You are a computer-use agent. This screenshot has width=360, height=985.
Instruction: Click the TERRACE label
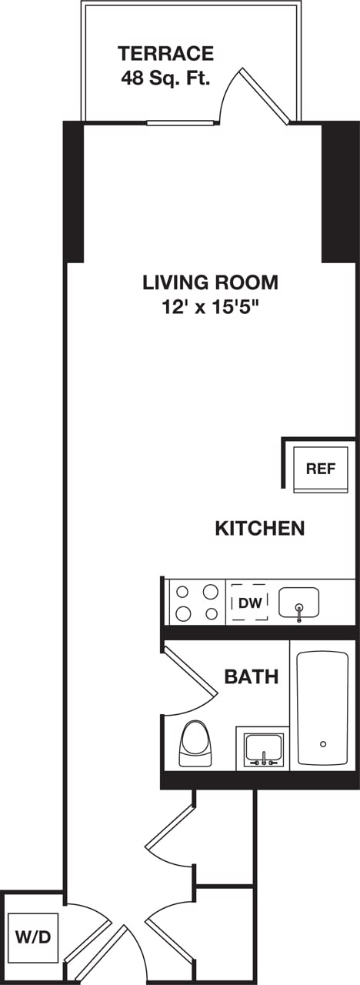[165, 54]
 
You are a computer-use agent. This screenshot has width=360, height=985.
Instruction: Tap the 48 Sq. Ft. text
[165, 78]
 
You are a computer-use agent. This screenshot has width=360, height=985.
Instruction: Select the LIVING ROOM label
[210, 282]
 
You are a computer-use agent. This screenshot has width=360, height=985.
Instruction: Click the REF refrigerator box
[321, 468]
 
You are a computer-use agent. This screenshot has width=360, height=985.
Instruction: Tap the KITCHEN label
[259, 529]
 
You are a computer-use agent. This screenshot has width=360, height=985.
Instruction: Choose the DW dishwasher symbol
[249, 603]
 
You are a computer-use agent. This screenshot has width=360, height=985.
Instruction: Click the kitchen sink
[299, 602]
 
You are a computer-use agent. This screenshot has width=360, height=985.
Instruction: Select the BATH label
[251, 677]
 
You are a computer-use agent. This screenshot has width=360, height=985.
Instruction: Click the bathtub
[322, 708]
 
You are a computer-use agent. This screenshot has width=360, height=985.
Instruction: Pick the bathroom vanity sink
[264, 747]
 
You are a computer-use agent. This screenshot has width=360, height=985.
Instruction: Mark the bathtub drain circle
[323, 743]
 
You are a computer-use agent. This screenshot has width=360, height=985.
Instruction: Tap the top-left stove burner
[183, 592]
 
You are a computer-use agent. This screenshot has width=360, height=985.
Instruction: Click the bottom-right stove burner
[209, 613]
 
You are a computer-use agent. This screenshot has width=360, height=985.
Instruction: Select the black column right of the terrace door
[340, 192]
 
